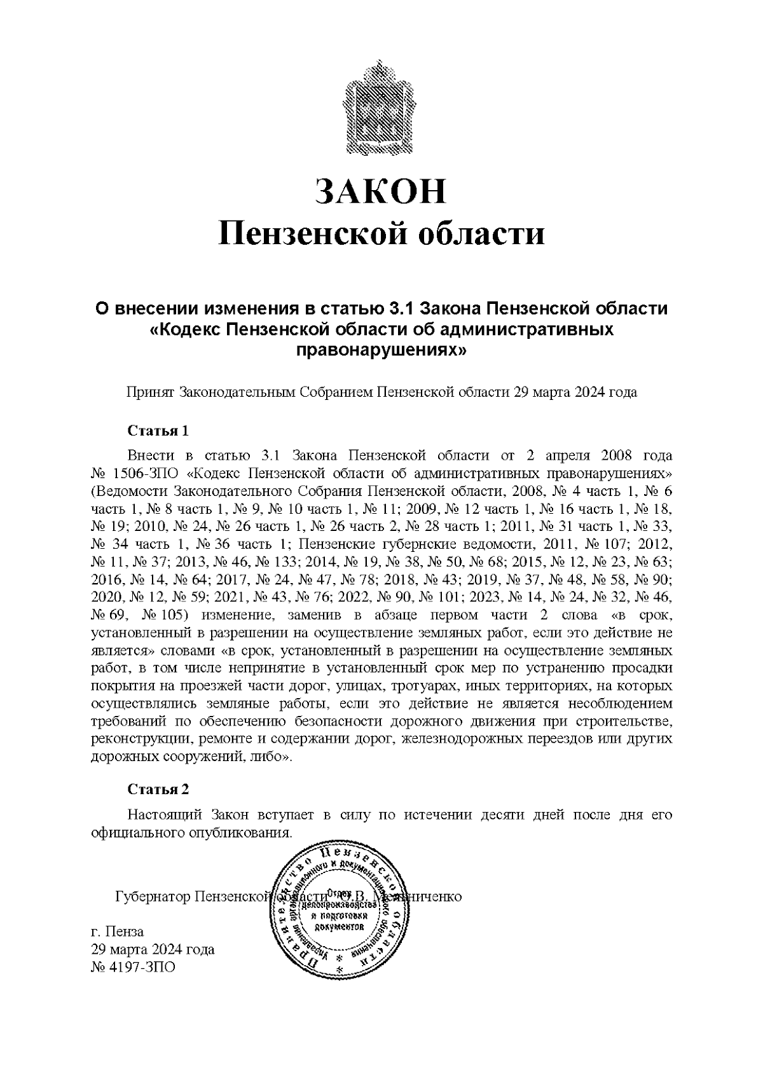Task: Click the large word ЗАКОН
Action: (x=381, y=192)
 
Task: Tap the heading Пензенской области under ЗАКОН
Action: (x=381, y=234)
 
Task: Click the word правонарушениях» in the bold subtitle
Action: (x=381, y=350)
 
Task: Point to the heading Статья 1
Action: (x=158, y=431)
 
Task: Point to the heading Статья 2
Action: (x=158, y=790)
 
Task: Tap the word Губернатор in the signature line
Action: (x=152, y=897)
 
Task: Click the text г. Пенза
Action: (x=118, y=932)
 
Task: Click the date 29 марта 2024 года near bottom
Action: (x=153, y=950)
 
